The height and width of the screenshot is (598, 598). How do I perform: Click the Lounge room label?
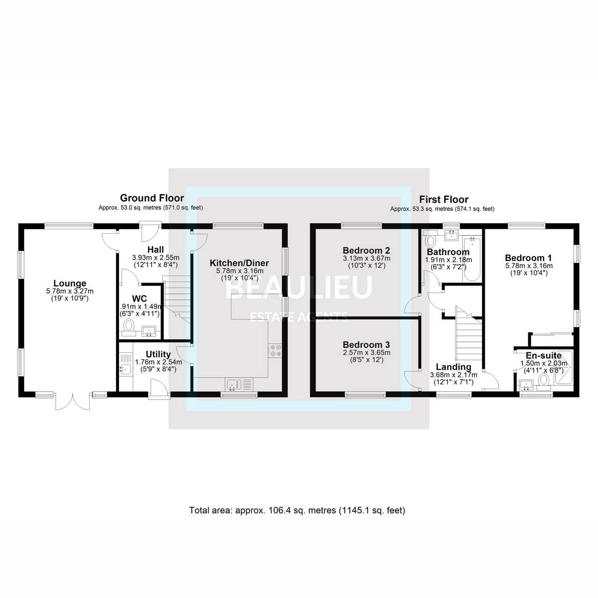70,283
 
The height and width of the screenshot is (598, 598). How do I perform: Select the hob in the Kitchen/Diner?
275,350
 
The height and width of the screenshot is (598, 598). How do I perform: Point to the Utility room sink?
126,369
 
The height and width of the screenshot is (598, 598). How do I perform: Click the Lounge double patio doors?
73,401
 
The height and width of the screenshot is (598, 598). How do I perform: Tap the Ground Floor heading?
152,198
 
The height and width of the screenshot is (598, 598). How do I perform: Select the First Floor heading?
444,199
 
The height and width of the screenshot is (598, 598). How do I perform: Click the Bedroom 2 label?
366,250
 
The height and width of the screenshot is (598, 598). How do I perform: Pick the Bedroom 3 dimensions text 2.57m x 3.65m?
366,352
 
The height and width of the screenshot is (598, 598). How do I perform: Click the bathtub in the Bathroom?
472,259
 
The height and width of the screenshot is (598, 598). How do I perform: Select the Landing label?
453,367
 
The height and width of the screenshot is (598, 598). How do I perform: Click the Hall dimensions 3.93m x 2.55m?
156,257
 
